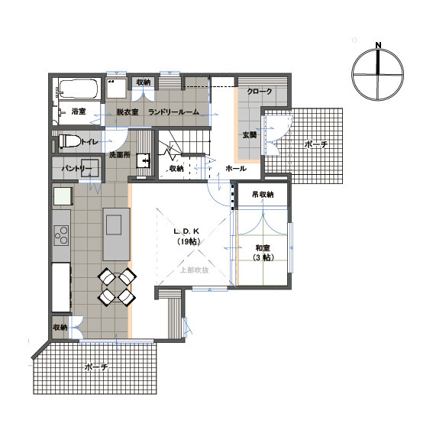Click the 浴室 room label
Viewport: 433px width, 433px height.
click(x=78, y=112)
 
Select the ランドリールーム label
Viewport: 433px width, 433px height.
click(x=173, y=112)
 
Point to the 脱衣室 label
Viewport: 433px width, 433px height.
click(x=127, y=112)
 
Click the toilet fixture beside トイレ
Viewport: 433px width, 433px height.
click(x=67, y=141)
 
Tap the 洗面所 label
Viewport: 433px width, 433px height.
click(x=121, y=155)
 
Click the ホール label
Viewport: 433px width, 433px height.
click(x=235, y=168)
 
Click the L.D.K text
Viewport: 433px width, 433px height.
click(x=186, y=231)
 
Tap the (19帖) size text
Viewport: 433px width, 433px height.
click(x=186, y=242)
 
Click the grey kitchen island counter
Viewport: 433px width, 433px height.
click(x=115, y=225)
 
